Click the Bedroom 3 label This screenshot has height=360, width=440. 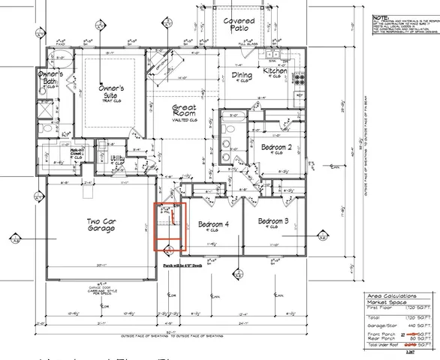coord(274,221)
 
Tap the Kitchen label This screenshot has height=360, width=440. coord(275,71)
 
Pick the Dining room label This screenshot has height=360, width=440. coord(241,76)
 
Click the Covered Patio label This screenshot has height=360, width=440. coord(239,25)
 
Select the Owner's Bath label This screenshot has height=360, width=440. coord(51,79)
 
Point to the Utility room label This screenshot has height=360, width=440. coord(117,159)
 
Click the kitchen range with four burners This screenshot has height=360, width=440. coord(301,78)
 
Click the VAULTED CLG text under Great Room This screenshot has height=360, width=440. coord(184,120)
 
